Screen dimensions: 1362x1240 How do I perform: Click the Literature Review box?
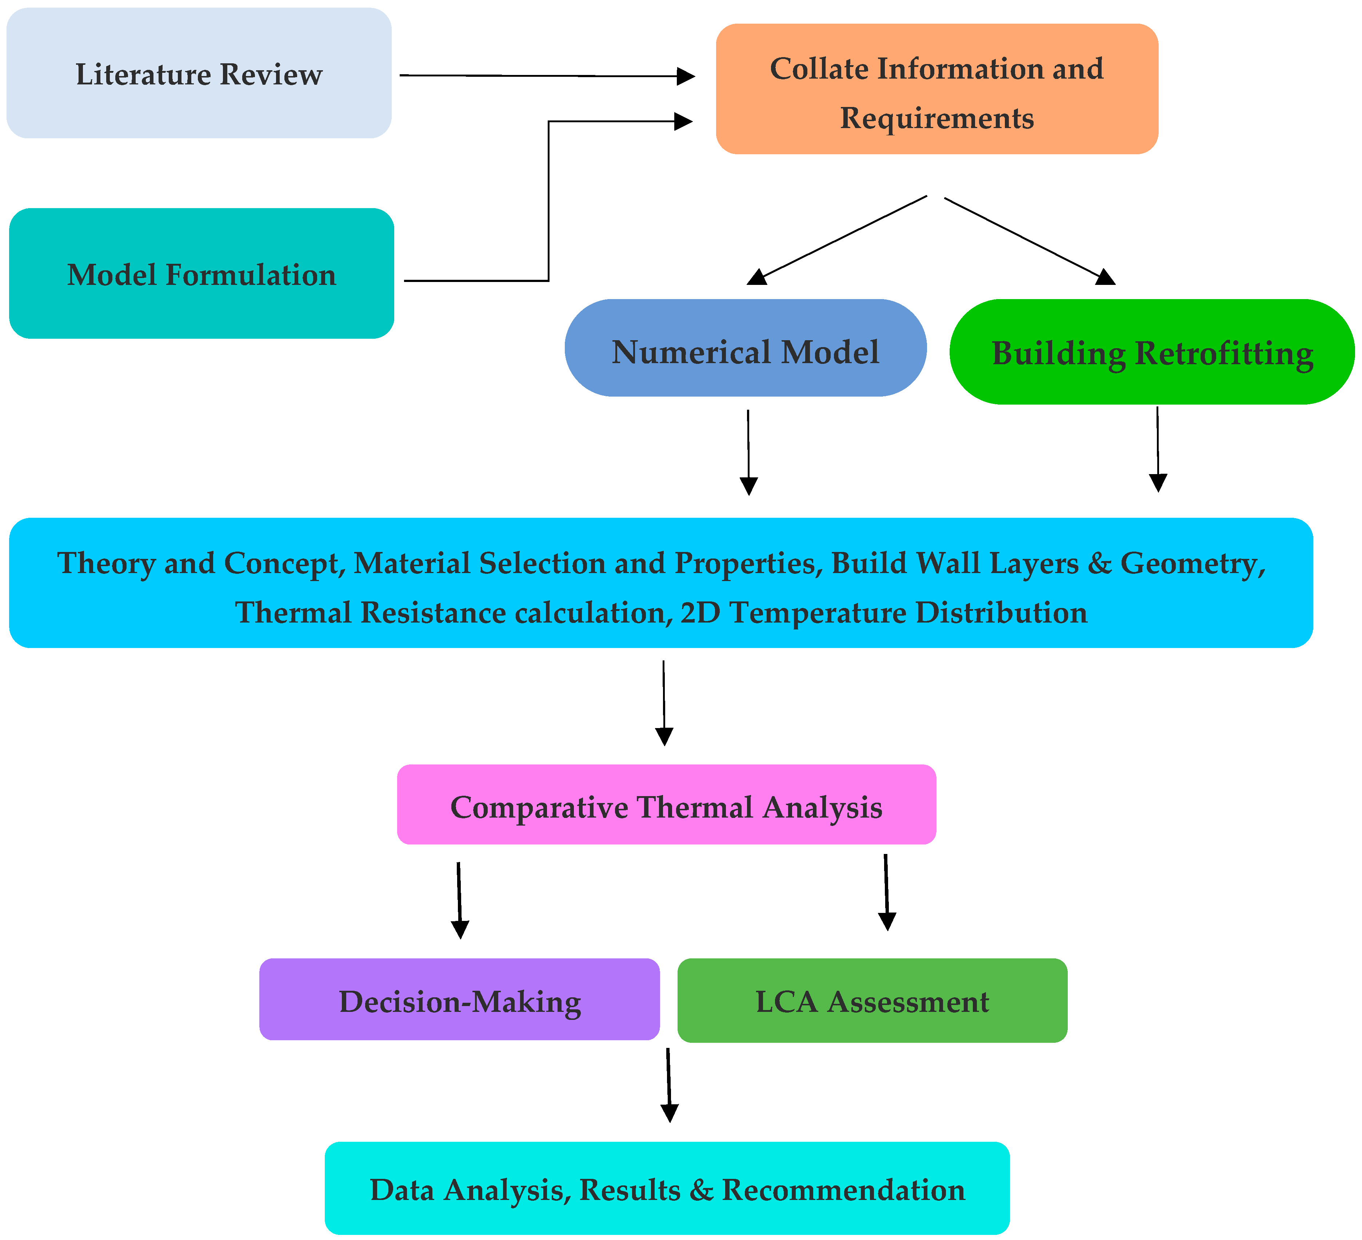point(199,73)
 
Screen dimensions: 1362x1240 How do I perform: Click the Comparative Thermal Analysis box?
point(667,804)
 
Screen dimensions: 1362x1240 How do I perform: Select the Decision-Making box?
point(459,999)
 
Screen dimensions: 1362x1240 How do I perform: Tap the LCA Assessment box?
point(872,1000)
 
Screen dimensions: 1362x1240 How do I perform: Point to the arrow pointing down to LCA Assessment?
point(886,893)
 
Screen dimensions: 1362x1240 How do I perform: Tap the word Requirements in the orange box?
point(937,118)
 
